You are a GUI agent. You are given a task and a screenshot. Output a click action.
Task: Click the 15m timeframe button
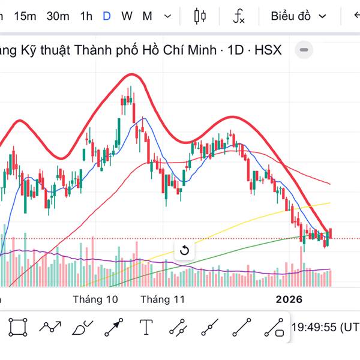click(25, 16)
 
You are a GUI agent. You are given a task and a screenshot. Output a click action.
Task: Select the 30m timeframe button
click(58, 16)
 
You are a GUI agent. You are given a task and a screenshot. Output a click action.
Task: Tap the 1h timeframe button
click(86, 16)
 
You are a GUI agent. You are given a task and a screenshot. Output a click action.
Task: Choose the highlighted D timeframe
click(106, 16)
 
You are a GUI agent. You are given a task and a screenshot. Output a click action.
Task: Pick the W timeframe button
click(127, 16)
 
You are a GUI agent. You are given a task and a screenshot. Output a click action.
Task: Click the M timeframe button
click(147, 16)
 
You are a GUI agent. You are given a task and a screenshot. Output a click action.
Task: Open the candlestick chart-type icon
click(200, 16)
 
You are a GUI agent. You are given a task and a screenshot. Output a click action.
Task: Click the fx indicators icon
click(239, 17)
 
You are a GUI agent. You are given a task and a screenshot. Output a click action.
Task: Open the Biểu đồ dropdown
click(298, 16)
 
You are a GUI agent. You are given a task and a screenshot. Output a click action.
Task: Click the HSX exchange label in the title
click(268, 50)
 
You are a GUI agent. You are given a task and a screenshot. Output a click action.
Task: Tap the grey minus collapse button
click(305, 50)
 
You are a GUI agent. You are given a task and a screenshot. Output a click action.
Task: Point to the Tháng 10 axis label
click(95, 299)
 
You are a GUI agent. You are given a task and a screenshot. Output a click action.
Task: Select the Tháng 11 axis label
click(163, 299)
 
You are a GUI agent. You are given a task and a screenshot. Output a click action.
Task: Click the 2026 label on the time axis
click(289, 299)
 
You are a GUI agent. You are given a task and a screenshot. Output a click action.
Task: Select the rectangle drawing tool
click(18, 327)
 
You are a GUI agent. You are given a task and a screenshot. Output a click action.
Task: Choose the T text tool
click(146, 327)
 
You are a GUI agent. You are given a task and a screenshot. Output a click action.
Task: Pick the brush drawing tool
click(82, 328)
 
